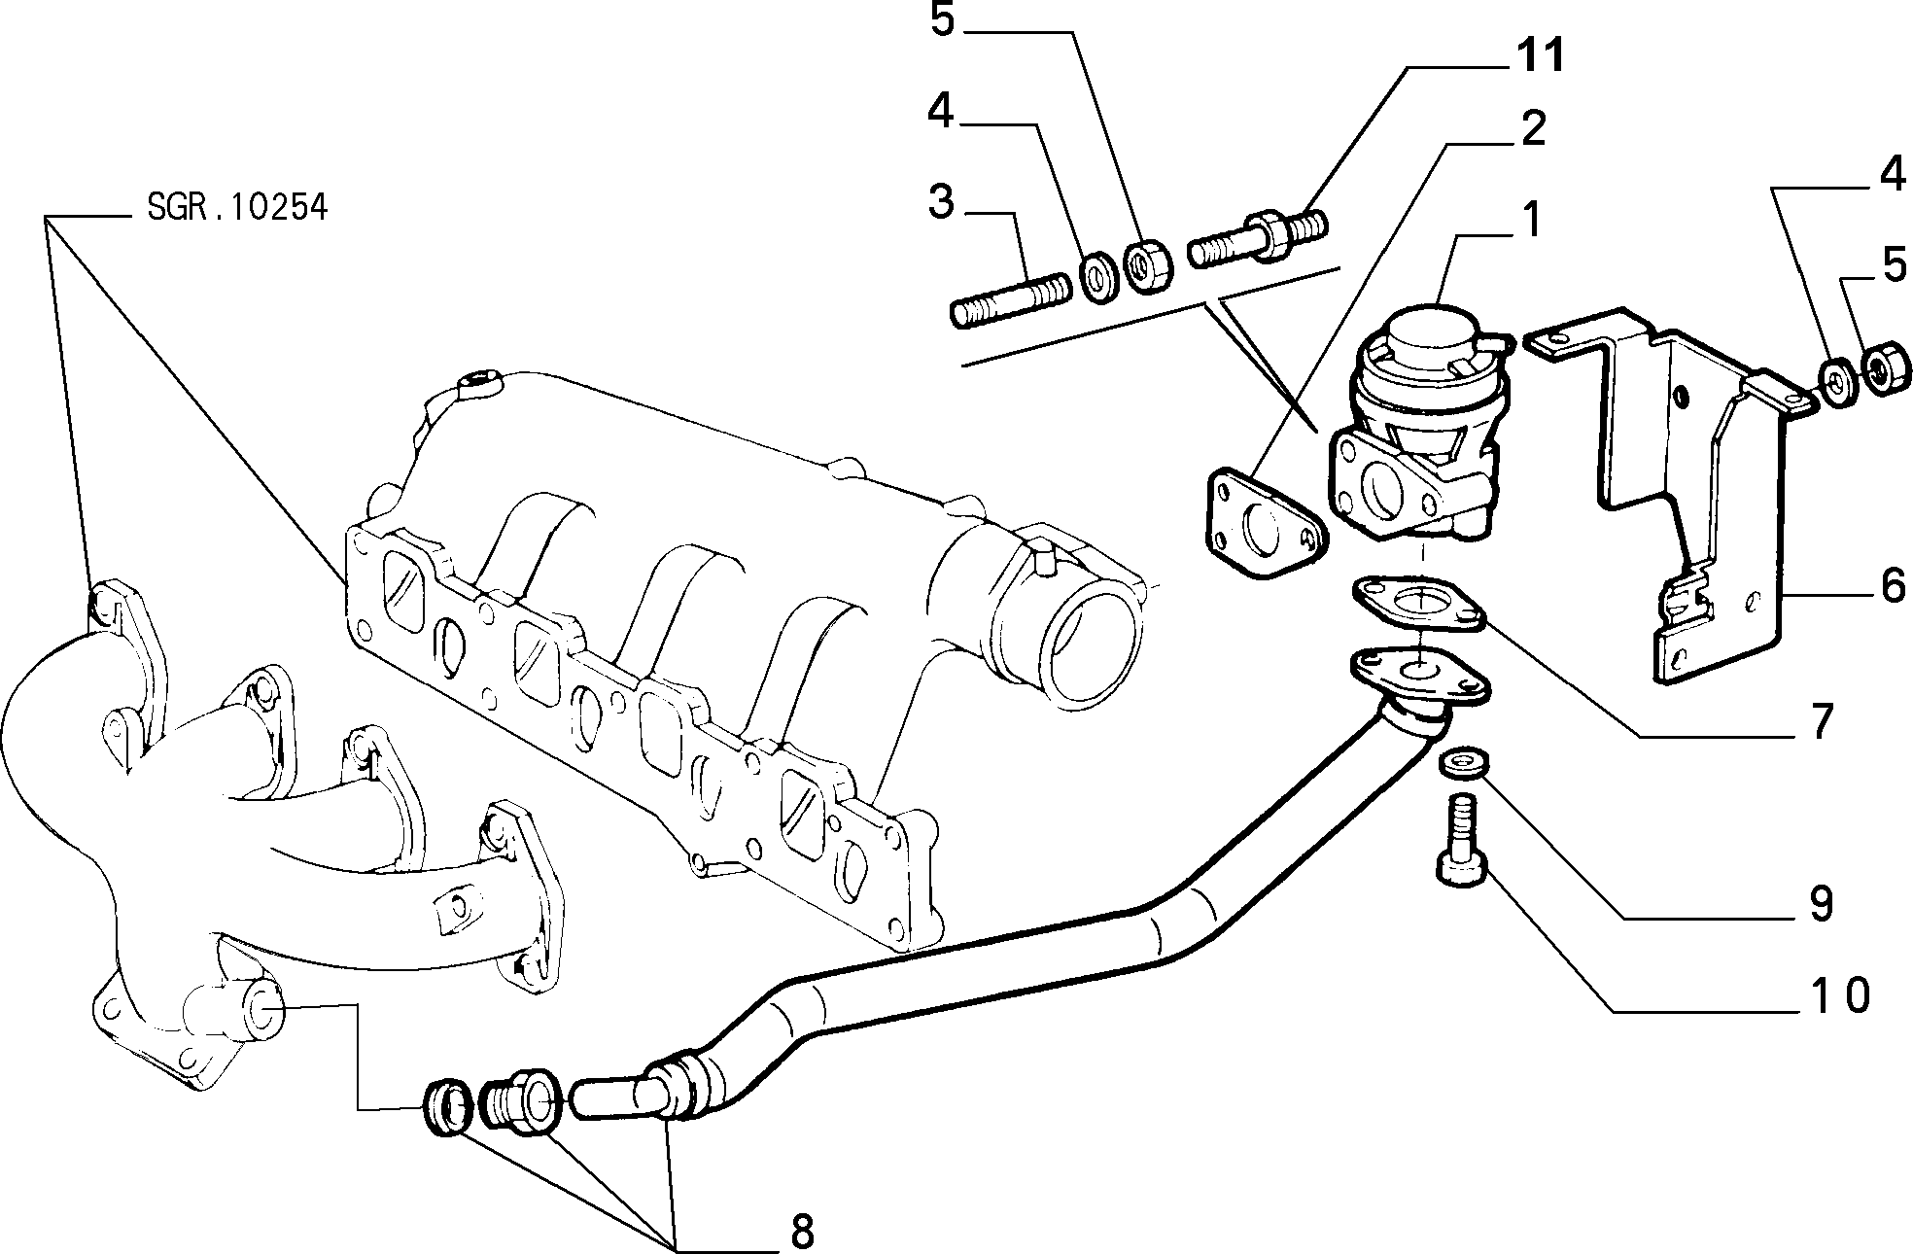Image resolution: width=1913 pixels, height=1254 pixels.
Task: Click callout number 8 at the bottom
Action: coord(801,1232)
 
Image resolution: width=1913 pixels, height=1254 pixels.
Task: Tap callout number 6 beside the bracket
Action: coord(1893,586)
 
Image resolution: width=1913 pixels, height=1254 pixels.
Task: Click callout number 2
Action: coord(1533,128)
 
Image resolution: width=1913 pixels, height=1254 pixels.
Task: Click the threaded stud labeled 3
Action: coord(1010,301)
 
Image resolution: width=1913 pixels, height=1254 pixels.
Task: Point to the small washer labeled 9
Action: coord(1463,763)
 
